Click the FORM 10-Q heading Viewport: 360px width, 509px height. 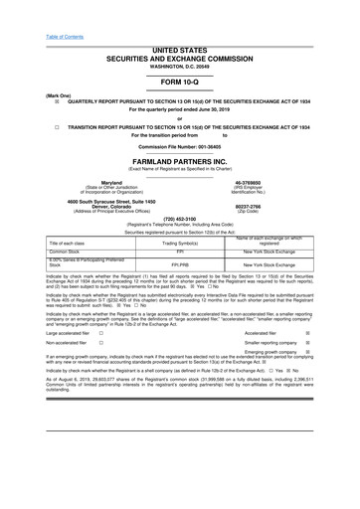180,83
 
